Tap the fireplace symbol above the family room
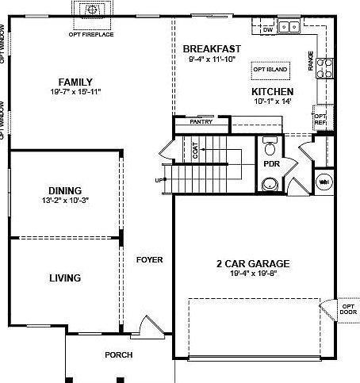94,10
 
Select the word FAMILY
76,82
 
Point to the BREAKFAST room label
213,48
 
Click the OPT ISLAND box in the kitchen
270,70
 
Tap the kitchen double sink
289,26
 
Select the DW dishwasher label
267,29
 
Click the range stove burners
324,68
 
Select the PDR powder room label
270,164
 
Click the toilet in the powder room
269,148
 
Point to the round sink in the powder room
270,185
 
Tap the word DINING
65,190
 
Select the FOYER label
149,259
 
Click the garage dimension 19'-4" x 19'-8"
252,274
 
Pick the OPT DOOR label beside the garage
348,308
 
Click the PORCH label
118,354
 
